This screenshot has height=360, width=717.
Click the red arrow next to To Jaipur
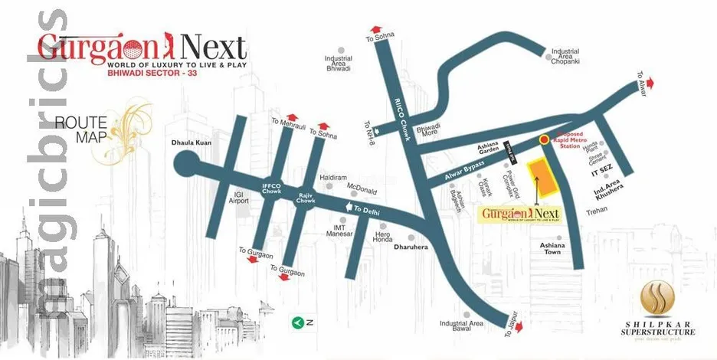519,327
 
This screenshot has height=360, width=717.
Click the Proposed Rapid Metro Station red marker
543,139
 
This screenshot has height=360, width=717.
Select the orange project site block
542,178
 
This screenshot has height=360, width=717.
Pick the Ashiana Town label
552,248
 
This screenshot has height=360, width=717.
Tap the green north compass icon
296,322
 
